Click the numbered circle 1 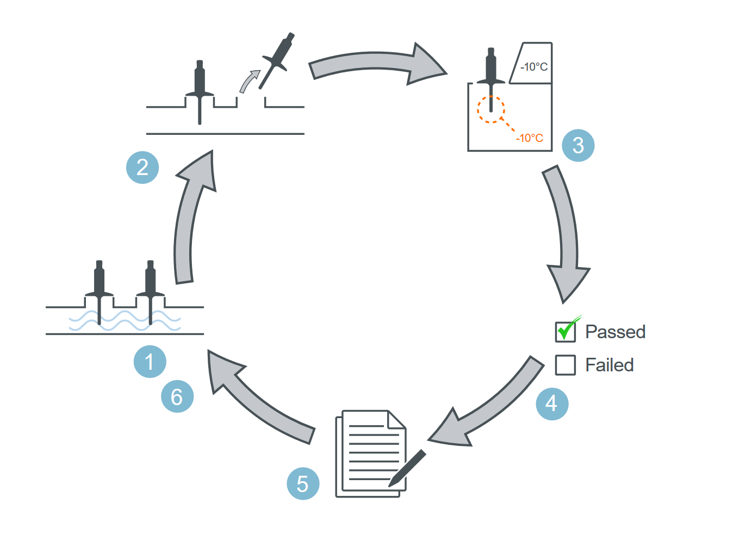pos(150,362)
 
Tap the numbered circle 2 pos(142,167)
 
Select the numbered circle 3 pos(578,145)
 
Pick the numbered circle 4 pos(552,404)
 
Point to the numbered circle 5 pos(303,483)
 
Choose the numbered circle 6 pos(177,396)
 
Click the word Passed pos(616,332)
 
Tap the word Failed pos(610,365)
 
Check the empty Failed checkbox pos(565,365)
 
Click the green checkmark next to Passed pos(567,328)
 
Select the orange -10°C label pos(529,138)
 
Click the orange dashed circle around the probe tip pos(491,109)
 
